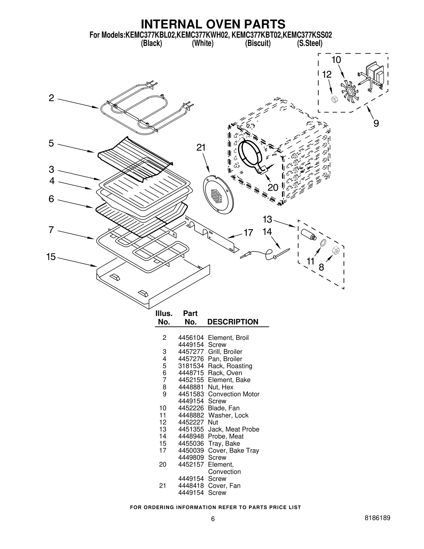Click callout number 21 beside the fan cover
pyautogui.click(x=201, y=148)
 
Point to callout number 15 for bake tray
pyautogui.click(x=51, y=257)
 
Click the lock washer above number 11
pyautogui.click(x=323, y=243)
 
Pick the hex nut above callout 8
pyautogui.click(x=335, y=250)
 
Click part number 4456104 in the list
pyautogui.click(x=191, y=338)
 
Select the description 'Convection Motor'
pyautogui.click(x=233, y=394)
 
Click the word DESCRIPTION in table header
pyautogui.click(x=233, y=322)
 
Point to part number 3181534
pyautogui.click(x=191, y=366)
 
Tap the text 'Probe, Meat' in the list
pyautogui.click(x=226, y=436)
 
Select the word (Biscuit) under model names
pyautogui.click(x=258, y=43)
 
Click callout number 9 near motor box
pyautogui.click(x=376, y=123)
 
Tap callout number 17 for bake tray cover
pyautogui.click(x=248, y=233)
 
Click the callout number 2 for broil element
pyautogui.click(x=51, y=98)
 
